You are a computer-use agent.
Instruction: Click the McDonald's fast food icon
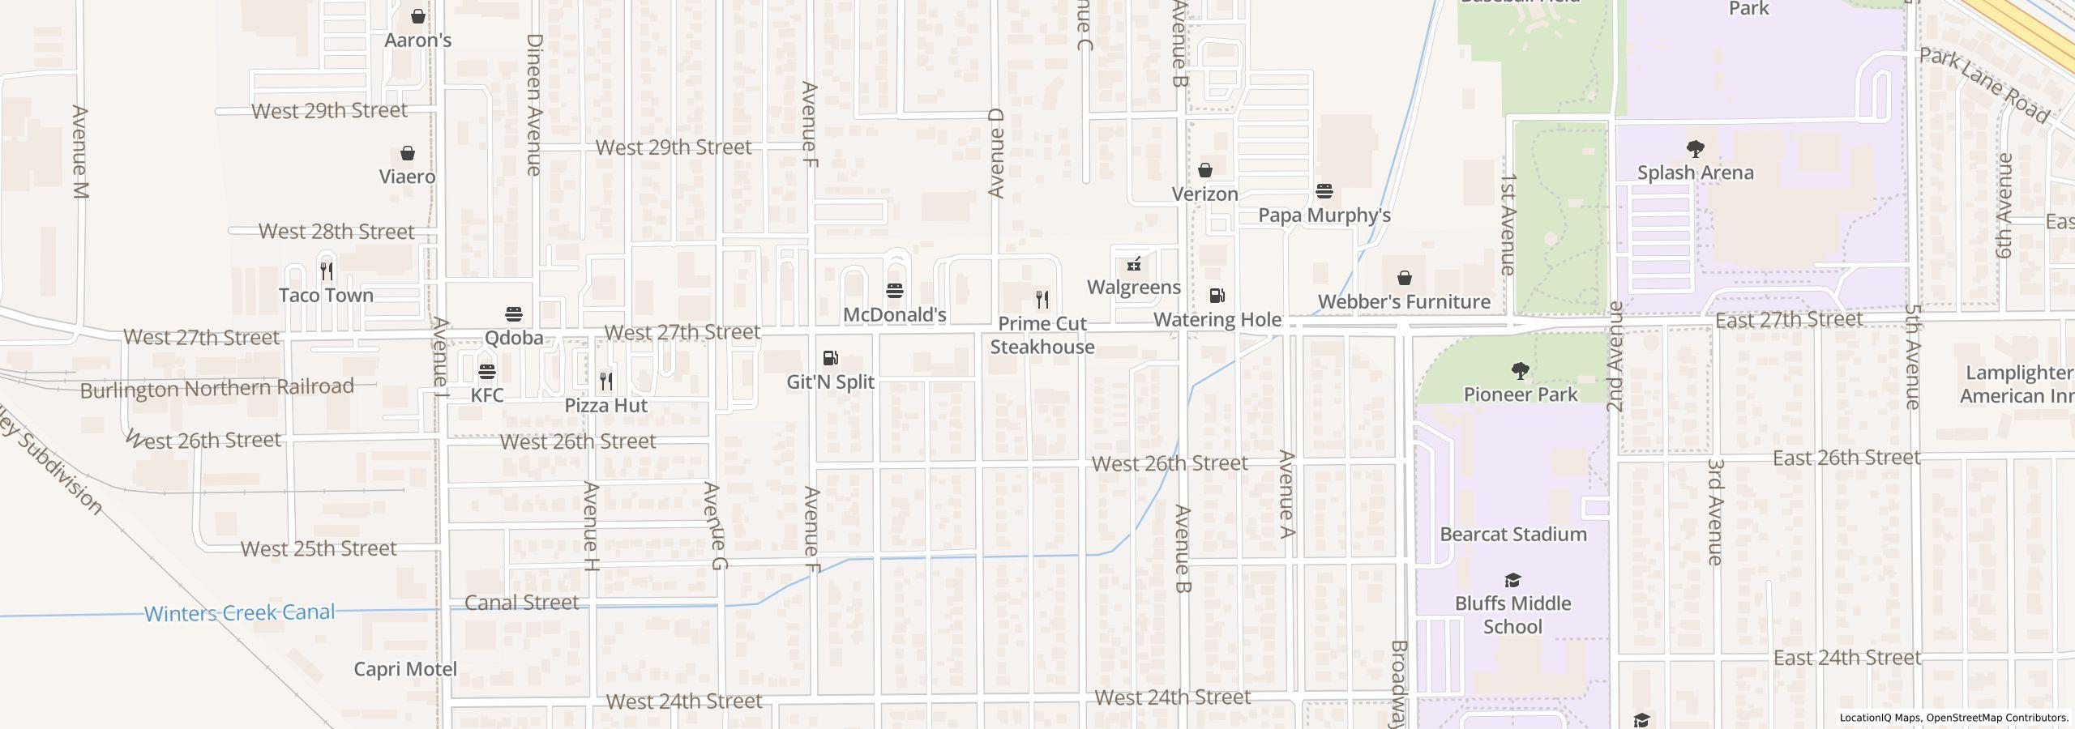(895, 291)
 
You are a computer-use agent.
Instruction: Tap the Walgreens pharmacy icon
(1134, 264)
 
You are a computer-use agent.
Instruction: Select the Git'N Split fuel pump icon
(830, 358)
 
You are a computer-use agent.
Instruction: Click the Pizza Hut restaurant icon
(606, 382)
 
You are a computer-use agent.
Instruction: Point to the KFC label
(487, 395)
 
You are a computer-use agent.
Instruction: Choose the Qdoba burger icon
(514, 314)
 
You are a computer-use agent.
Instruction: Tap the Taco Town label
(326, 296)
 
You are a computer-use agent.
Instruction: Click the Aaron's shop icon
(418, 16)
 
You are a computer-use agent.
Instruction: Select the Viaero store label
(407, 177)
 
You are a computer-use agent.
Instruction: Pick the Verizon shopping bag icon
(1205, 170)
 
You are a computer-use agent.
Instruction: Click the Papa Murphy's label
(1324, 215)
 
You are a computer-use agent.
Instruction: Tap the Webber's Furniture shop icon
(1405, 279)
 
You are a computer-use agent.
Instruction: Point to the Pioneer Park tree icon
(1521, 372)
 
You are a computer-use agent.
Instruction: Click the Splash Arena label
(1695, 173)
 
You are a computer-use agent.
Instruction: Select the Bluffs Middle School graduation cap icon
(1512, 580)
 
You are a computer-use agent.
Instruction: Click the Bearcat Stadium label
(1512, 535)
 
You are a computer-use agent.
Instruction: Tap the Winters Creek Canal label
(239, 613)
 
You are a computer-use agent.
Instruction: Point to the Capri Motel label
(405, 669)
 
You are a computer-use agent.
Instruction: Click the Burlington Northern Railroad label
(217, 389)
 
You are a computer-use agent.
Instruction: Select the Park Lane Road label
(1983, 86)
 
